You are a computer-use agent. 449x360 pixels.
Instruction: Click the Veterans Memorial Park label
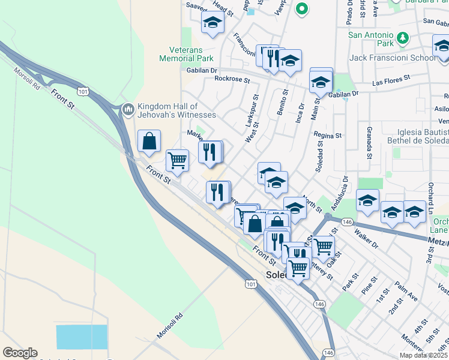[x=186, y=54]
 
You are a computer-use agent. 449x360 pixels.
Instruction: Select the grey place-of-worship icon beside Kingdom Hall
[x=127, y=110]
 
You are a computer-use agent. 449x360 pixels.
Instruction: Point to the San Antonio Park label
[x=371, y=39]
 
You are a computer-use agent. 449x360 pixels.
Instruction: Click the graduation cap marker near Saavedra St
[x=212, y=23]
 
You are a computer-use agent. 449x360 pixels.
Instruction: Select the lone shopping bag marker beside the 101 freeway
[x=149, y=142]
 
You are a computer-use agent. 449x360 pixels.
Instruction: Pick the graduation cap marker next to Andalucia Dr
[x=367, y=200]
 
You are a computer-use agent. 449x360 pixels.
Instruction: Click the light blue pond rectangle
[x=82, y=336]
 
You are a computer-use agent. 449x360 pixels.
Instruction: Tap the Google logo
[x=20, y=353]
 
